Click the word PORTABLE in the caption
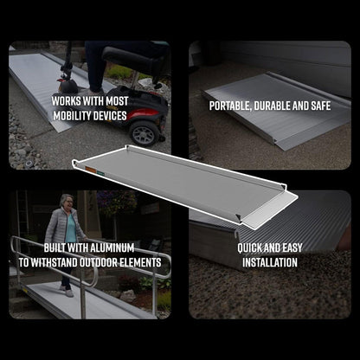[233, 106]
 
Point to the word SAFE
[318, 106]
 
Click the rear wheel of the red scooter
[146, 132]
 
